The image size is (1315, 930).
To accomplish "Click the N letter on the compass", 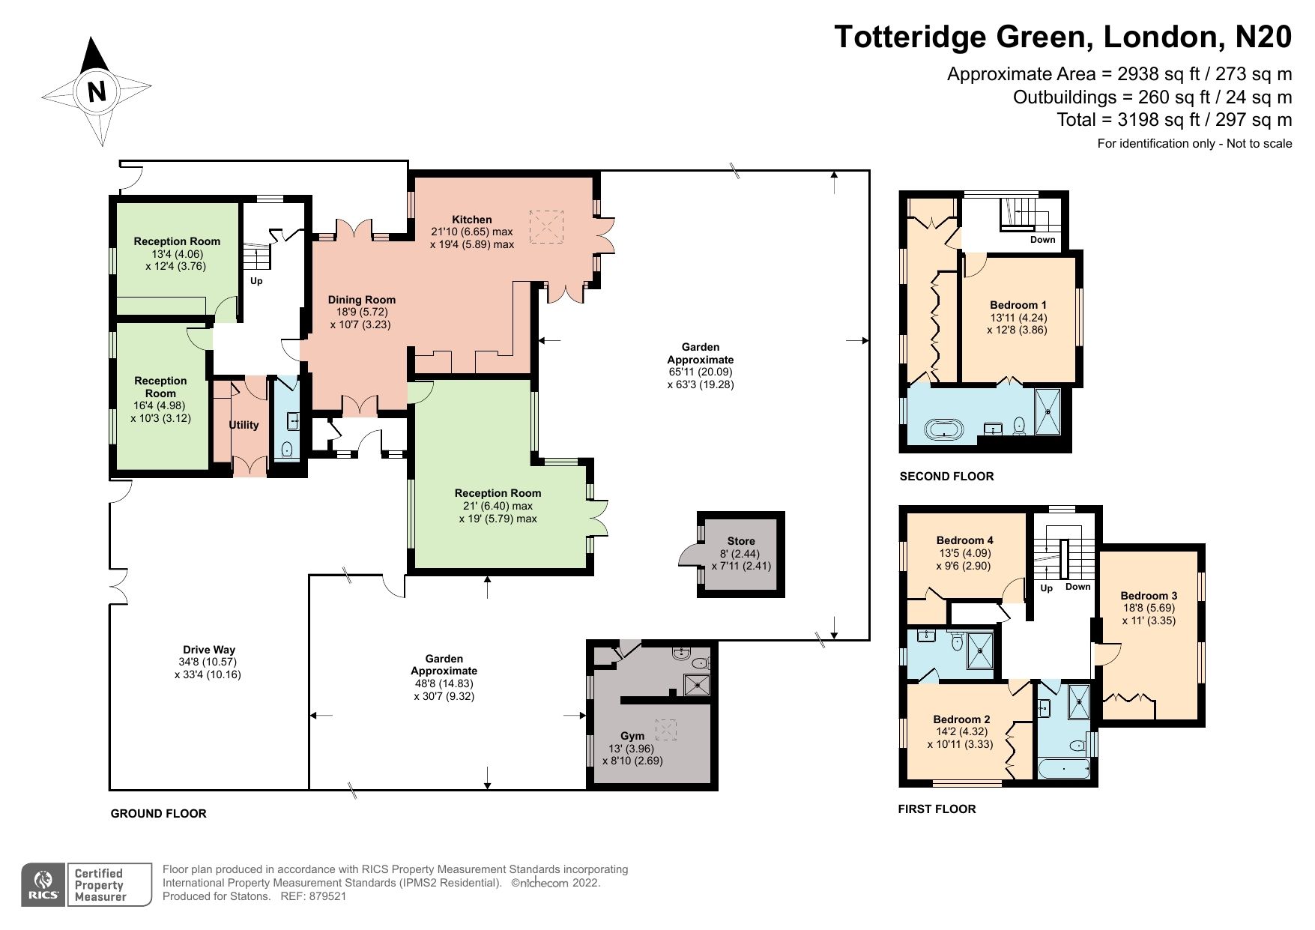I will (97, 91).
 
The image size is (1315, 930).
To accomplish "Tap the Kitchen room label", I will (471, 220).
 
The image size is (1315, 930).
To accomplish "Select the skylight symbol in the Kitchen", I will (546, 226).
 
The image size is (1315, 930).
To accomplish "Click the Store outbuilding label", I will (740, 541).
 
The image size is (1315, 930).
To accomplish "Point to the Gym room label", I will (632, 736).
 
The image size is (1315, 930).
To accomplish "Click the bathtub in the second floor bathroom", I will (946, 430).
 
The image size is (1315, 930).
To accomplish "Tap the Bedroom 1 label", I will (1018, 305).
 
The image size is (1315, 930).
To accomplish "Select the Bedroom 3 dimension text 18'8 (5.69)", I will (1148, 609).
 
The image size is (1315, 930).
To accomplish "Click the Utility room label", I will (244, 425).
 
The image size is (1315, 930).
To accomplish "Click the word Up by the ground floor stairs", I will (256, 281).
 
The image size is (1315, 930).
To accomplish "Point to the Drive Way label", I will (208, 650).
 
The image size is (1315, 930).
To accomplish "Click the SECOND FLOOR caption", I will (946, 476).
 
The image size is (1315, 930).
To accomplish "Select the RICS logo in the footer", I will (43, 884).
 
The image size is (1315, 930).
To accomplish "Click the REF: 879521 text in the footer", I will (313, 896).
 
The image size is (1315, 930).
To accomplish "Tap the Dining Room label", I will (361, 300).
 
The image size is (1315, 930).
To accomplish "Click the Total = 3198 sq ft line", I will (1173, 120).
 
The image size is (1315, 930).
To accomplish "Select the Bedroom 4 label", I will (964, 540).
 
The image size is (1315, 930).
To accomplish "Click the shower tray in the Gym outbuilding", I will (697, 683).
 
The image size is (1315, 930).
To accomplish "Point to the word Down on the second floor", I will (1042, 240).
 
